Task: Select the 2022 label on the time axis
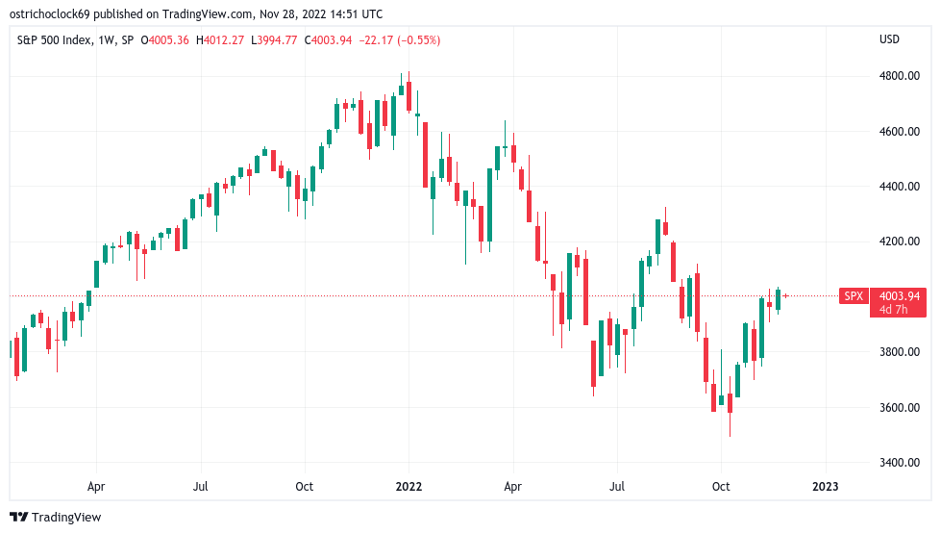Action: point(409,486)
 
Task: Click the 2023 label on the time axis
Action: point(825,486)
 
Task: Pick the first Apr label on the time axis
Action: point(95,486)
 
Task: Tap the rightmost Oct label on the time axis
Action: point(721,486)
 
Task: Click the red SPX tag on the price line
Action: point(854,296)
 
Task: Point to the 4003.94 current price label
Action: point(899,296)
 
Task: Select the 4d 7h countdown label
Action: point(893,310)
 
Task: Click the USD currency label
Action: point(889,39)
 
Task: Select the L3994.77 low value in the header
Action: point(279,39)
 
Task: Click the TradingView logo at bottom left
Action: point(57,517)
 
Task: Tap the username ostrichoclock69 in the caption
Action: point(54,13)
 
